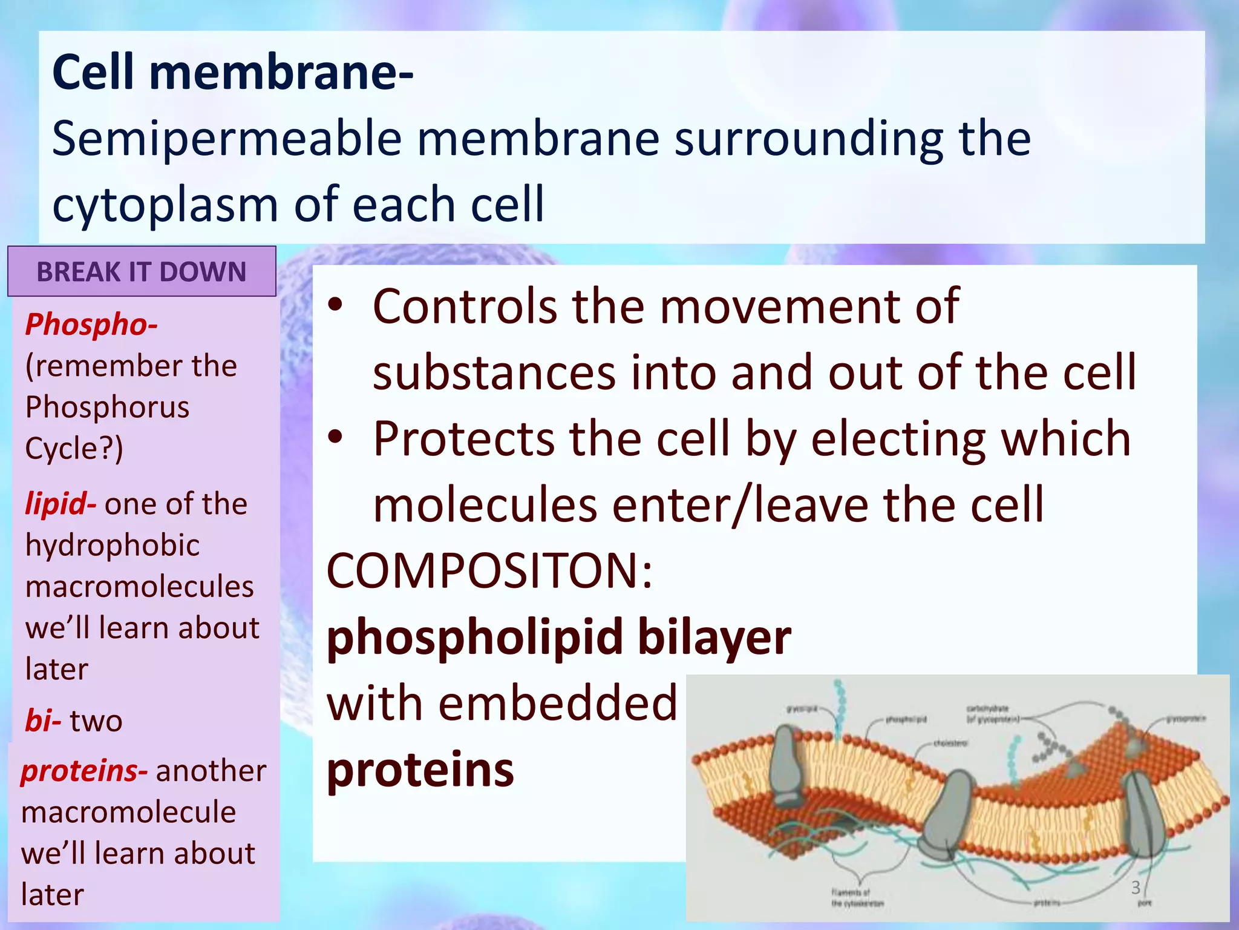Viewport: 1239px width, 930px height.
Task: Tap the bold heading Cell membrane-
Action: [233, 73]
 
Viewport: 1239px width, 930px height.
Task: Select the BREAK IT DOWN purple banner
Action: [142, 272]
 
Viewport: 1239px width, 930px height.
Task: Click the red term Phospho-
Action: [91, 325]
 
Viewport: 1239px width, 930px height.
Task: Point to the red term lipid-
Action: [60, 504]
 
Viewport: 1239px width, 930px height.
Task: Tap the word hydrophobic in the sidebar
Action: [113, 545]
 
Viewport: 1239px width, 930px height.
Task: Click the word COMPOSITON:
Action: [489, 570]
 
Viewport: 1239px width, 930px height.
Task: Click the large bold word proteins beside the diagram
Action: [420, 770]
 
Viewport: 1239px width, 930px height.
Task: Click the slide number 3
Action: [1136, 888]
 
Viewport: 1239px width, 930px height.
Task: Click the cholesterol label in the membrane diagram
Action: [950, 743]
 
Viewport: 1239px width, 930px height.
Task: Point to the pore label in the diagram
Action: [1144, 903]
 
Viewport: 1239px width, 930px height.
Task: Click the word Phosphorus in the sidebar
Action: [107, 407]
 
